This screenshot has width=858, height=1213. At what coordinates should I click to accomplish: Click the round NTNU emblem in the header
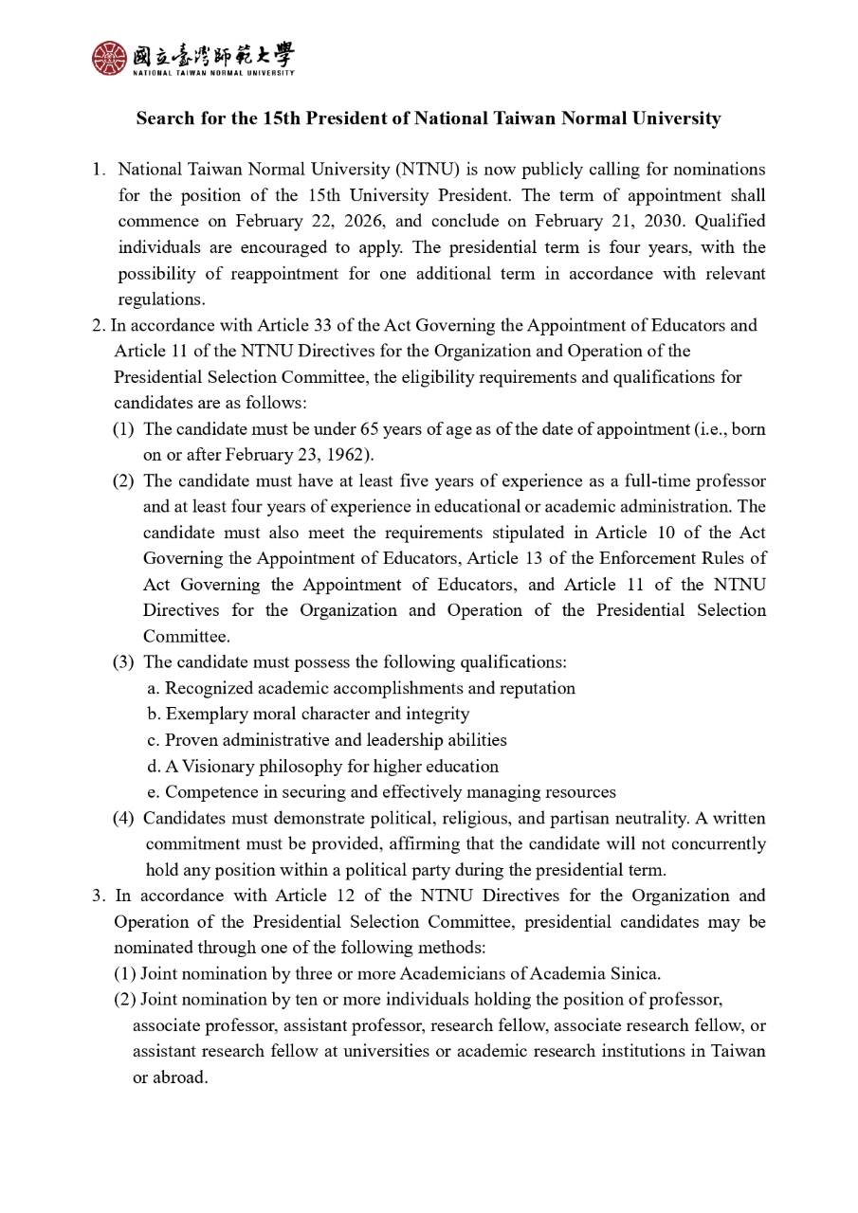tap(108, 58)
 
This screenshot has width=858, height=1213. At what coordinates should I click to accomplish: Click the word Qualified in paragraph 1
tap(730, 222)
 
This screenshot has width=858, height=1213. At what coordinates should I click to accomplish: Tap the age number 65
tap(369, 429)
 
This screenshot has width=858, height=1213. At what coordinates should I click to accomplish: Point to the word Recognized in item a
tap(210, 688)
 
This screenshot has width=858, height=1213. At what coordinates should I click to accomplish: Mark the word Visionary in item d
tap(219, 766)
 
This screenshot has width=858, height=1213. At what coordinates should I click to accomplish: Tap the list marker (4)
tap(123, 818)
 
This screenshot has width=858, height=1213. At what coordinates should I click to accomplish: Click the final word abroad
tap(181, 1077)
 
